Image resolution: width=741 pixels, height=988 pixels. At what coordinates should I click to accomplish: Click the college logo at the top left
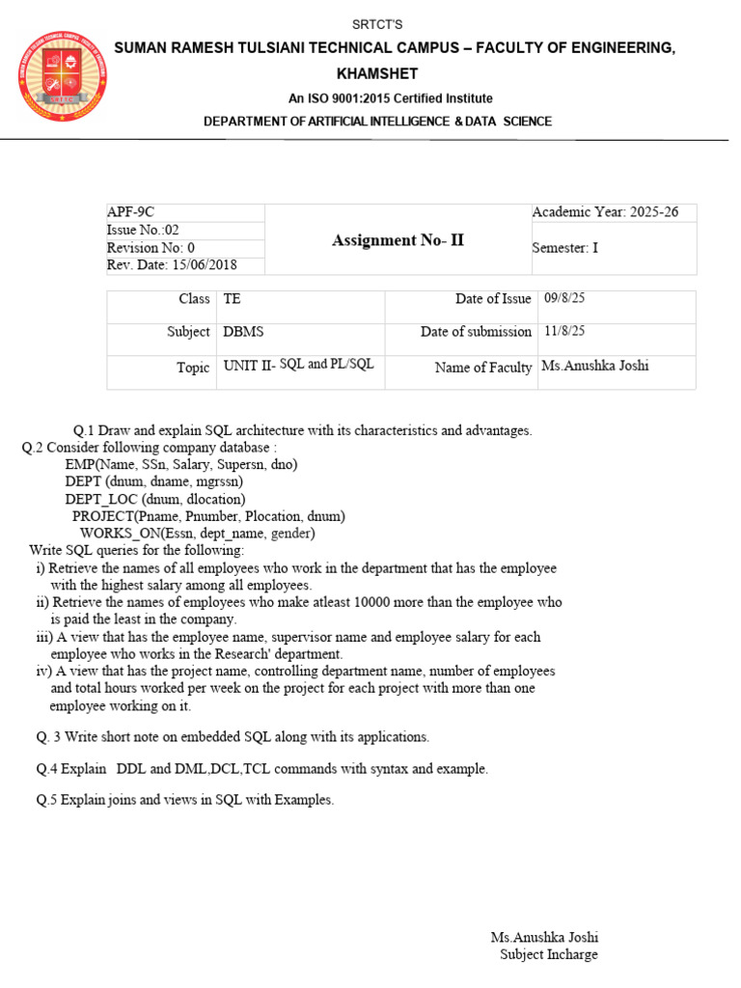click(x=63, y=76)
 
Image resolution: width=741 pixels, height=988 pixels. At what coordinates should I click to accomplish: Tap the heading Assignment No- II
click(x=398, y=240)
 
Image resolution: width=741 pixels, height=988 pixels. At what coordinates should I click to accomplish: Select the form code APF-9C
click(x=130, y=212)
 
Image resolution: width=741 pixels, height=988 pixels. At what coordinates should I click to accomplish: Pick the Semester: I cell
click(x=565, y=248)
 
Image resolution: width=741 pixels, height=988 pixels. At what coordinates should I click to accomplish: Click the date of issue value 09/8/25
click(x=564, y=298)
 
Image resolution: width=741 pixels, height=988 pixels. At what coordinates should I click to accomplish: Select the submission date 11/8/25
click(x=564, y=331)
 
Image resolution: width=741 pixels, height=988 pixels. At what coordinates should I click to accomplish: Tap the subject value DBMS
click(x=243, y=331)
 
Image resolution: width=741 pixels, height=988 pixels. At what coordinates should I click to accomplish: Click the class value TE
click(x=233, y=299)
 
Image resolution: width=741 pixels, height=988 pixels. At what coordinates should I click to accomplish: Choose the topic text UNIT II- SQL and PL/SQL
click(x=298, y=366)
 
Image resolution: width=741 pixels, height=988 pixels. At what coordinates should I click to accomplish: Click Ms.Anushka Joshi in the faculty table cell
click(x=594, y=366)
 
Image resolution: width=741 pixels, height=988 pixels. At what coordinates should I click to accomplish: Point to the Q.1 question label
click(x=87, y=430)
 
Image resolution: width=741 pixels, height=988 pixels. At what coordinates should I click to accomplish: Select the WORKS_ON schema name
click(x=121, y=533)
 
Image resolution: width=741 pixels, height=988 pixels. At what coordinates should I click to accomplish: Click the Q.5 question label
click(x=47, y=800)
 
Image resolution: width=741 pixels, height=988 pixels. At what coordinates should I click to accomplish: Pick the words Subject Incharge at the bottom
click(x=548, y=954)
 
